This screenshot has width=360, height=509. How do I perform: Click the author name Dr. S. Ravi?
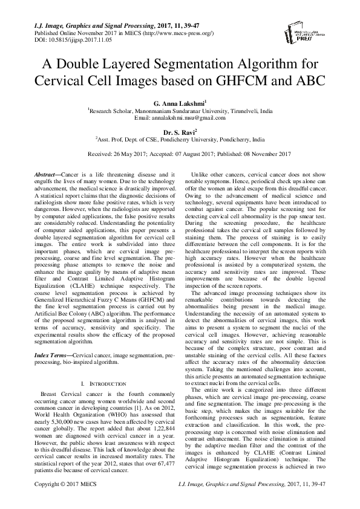click(179, 131)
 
